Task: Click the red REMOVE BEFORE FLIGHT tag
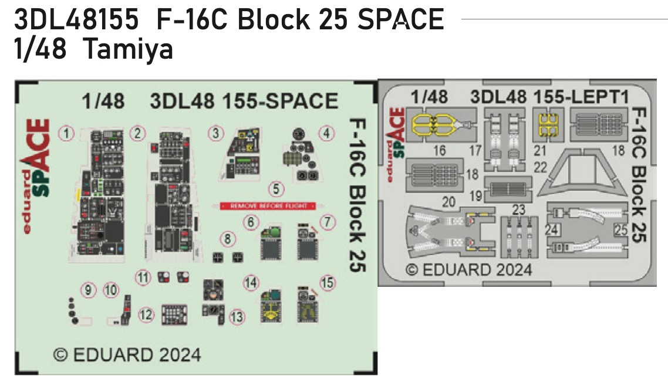268,206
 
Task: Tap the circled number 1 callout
68,134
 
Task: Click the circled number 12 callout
146,315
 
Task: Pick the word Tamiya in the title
129,50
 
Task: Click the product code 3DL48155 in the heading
76,21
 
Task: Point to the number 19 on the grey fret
477,194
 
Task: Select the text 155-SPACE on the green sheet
280,101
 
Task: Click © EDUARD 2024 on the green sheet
127,354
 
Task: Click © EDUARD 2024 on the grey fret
469,270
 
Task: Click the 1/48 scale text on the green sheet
104,101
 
